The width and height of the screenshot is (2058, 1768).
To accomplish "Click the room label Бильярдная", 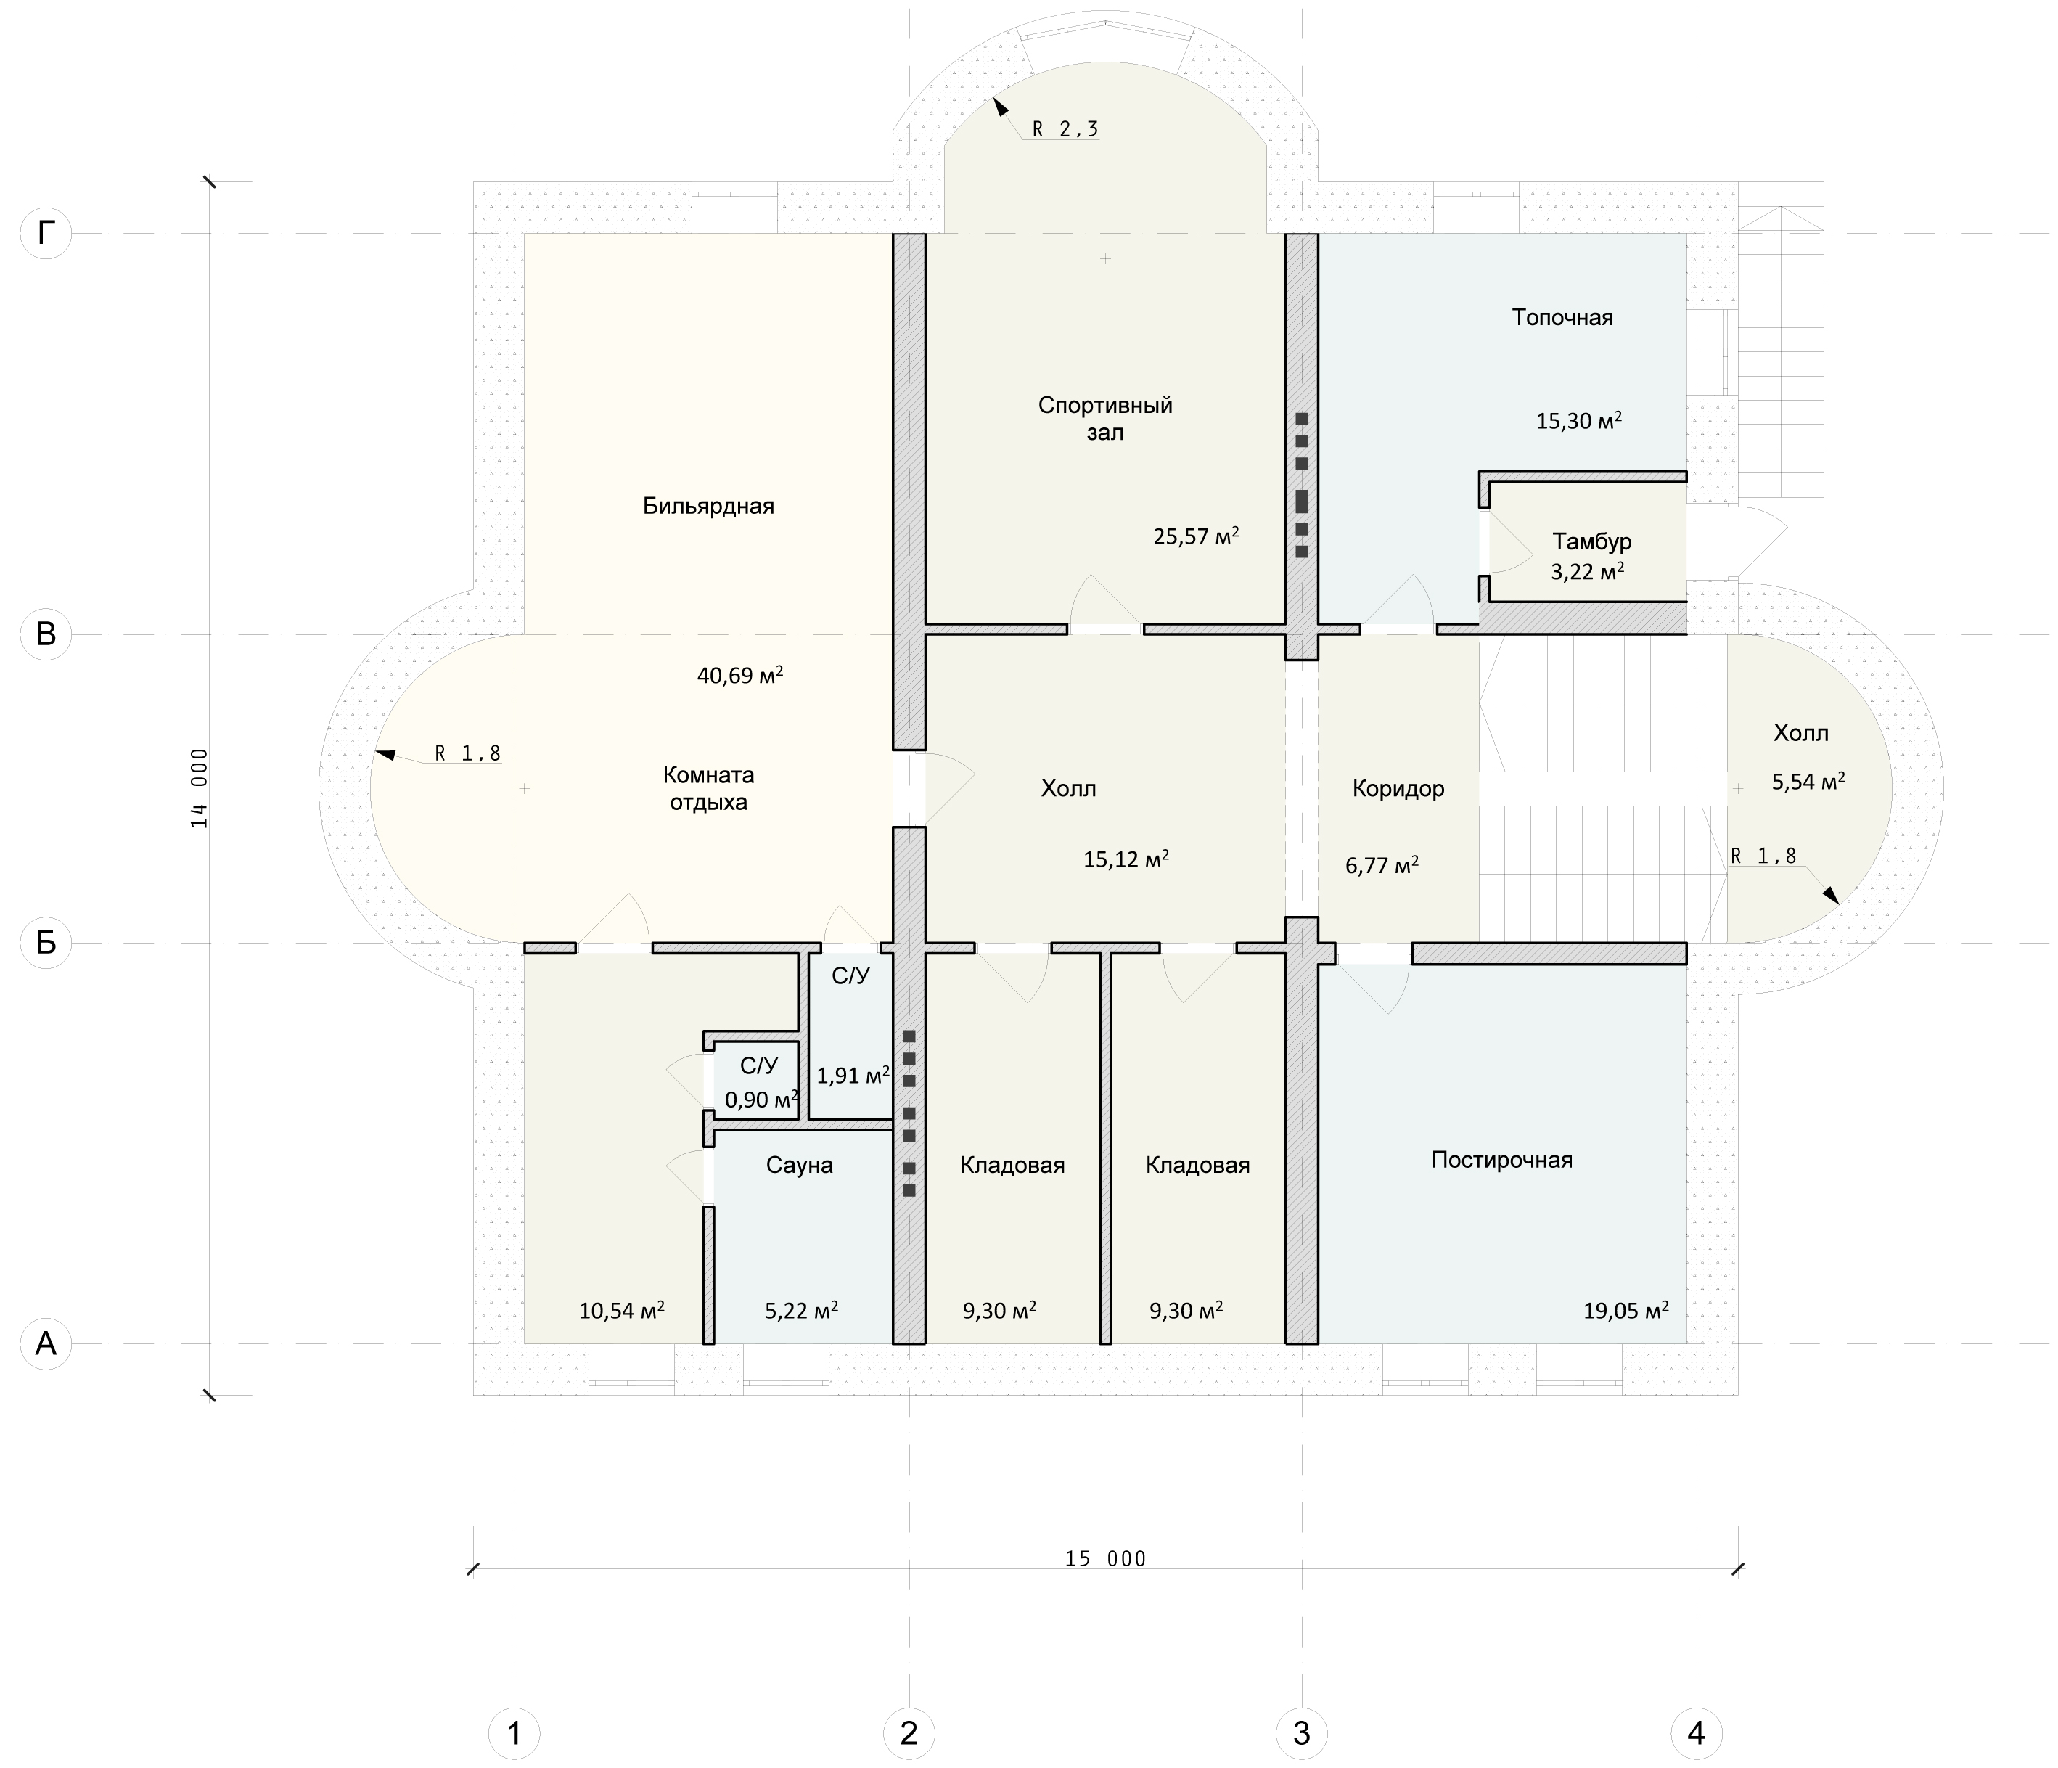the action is [708, 507].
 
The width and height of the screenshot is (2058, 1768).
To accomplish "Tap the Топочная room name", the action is [1562, 318].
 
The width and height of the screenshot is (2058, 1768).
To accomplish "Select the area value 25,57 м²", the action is [1196, 536].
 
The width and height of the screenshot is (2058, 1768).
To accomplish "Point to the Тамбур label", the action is [1592, 542].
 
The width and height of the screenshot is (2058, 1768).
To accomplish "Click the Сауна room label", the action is [800, 1165].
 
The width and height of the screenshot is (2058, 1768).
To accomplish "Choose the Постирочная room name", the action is [1502, 1160].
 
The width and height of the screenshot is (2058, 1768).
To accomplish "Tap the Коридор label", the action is [1398, 790].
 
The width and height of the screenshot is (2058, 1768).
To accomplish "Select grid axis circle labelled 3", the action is [1301, 1733].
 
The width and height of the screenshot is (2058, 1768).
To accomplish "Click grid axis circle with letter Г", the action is [46, 234].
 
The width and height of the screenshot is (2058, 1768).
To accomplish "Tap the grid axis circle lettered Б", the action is [46, 943].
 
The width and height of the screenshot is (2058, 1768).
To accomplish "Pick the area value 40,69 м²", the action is [740, 676].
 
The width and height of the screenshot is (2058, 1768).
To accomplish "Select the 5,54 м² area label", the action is [1808, 782].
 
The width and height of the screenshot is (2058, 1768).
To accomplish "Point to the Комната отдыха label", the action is [708, 789].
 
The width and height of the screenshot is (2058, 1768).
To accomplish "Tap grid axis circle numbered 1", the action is [514, 1733].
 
